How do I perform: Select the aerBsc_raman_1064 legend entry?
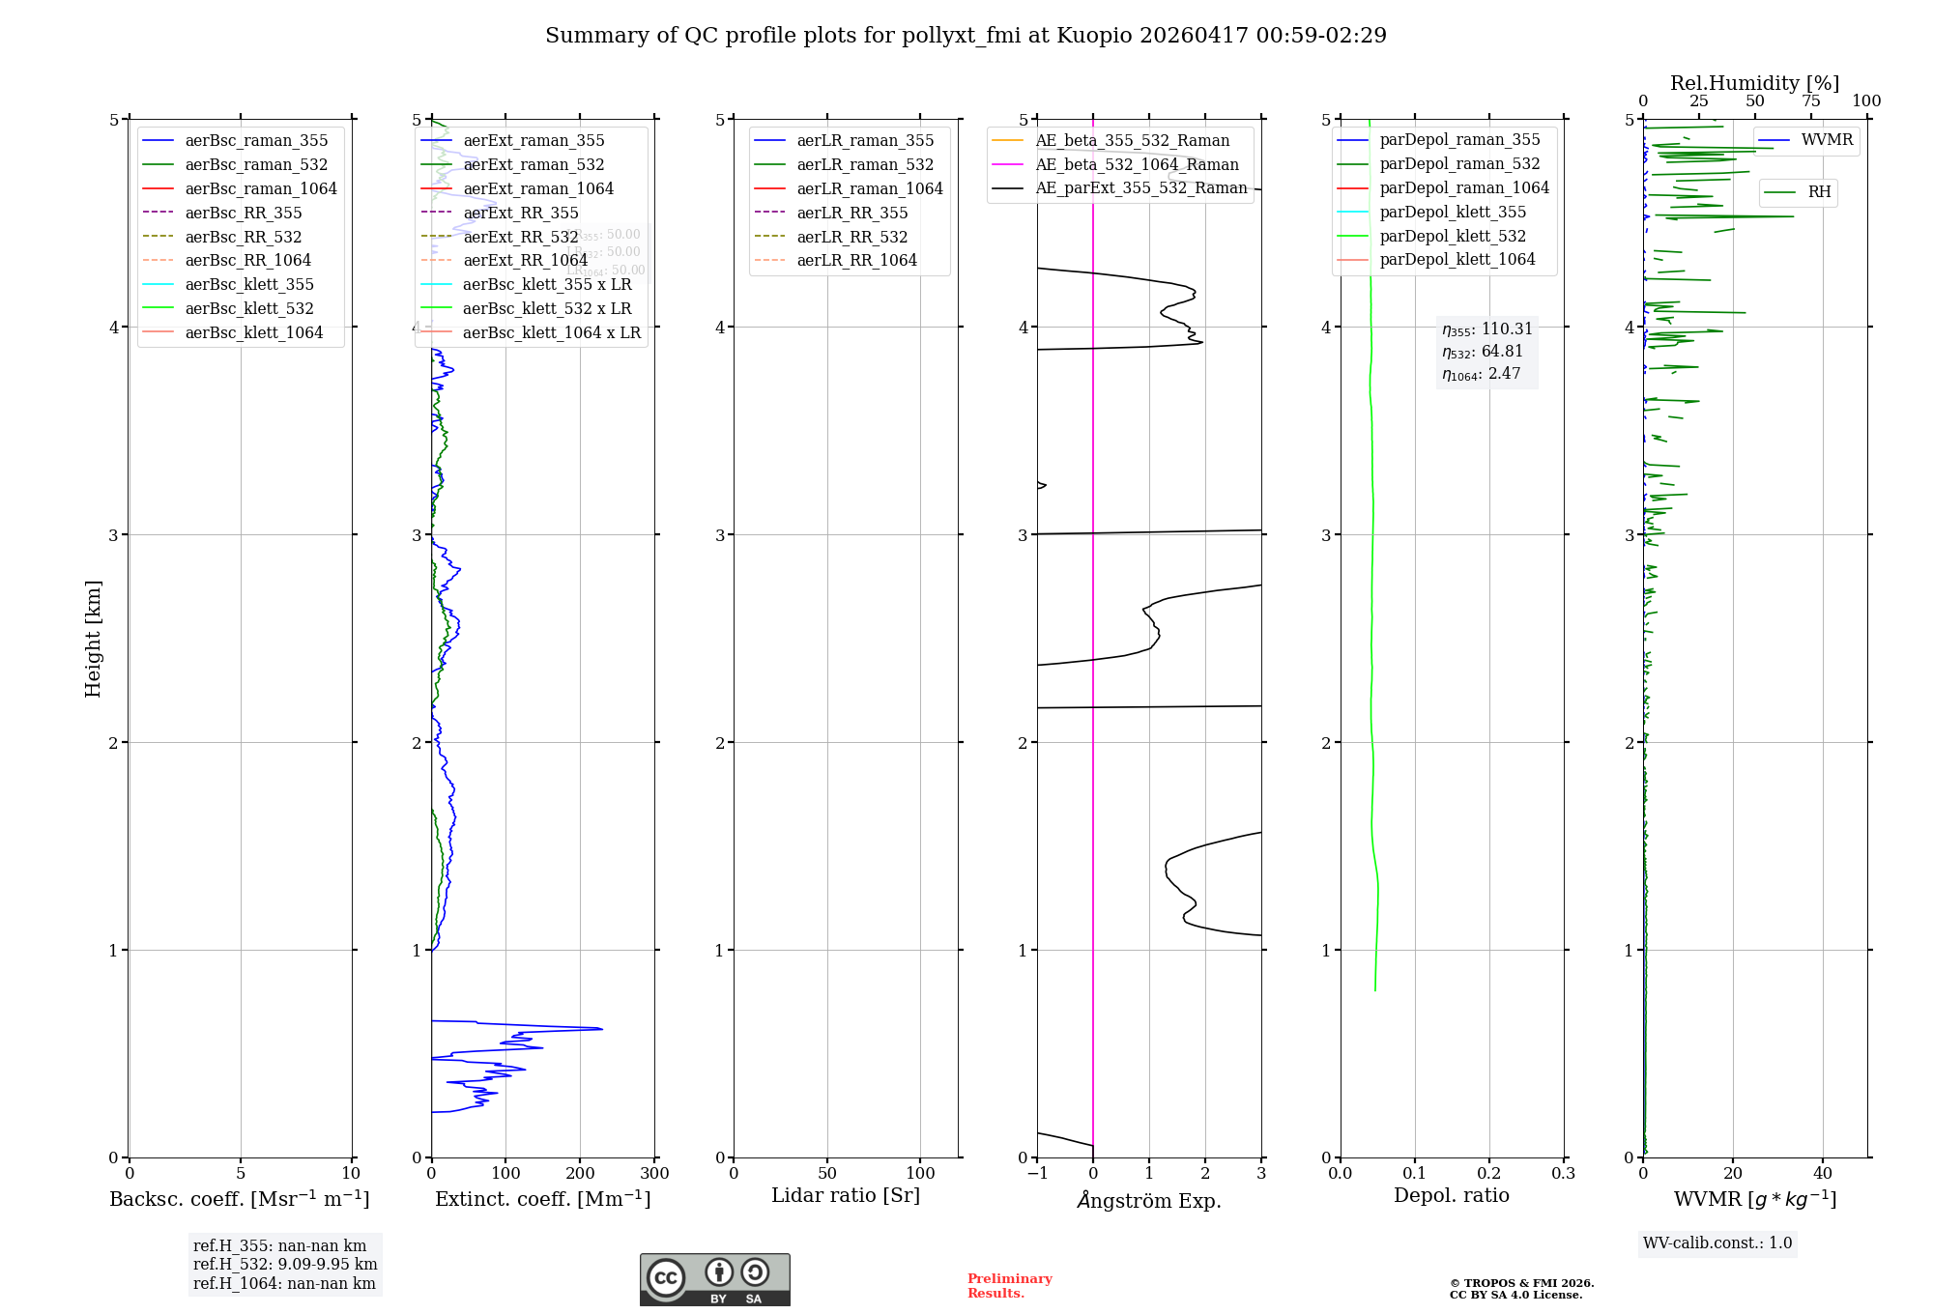click(x=261, y=188)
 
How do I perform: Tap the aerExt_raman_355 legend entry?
click(x=534, y=141)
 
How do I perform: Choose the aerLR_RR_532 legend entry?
click(x=852, y=237)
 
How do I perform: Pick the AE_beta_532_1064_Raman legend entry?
click(x=1137, y=165)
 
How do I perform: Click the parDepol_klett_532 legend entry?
click(x=1453, y=236)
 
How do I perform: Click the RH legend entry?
click(x=1819, y=192)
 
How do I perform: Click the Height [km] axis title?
click(x=93, y=639)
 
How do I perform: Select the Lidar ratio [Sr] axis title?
click(x=846, y=1196)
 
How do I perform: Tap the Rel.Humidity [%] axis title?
click(x=1754, y=83)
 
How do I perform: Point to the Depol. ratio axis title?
click(x=1451, y=1196)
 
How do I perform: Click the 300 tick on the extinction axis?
click(x=654, y=1174)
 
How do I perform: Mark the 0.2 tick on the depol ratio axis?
click(x=1489, y=1174)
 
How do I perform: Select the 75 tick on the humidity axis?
click(x=1811, y=101)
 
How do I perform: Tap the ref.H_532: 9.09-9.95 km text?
click(x=285, y=1265)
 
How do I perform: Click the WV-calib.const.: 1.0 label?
click(x=1717, y=1243)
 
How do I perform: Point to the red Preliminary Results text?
click(x=1009, y=1286)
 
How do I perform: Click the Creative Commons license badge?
click(x=714, y=1279)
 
